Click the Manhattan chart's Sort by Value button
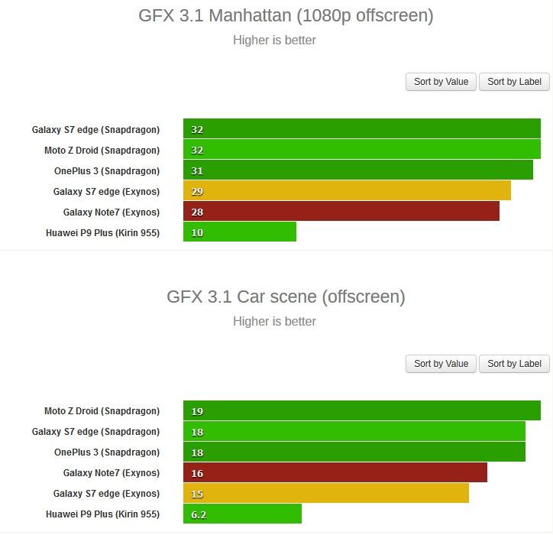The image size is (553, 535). (x=441, y=82)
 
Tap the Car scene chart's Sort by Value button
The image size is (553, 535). (x=441, y=364)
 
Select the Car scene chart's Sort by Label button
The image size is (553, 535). (x=514, y=364)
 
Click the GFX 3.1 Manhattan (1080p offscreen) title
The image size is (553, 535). (x=286, y=16)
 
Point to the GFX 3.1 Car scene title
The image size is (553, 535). (x=286, y=297)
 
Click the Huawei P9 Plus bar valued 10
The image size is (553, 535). (x=240, y=232)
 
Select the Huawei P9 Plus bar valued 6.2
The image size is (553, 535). (x=242, y=514)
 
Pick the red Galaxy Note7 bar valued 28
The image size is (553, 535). (x=341, y=212)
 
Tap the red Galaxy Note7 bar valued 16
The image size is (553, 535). (x=335, y=473)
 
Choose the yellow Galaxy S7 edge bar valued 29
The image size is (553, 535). (x=347, y=191)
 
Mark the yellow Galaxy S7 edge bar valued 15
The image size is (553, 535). (x=325, y=494)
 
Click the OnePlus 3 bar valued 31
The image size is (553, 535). (x=357, y=170)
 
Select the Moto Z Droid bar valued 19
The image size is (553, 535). (x=361, y=411)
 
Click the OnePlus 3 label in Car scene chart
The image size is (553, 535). (x=106, y=452)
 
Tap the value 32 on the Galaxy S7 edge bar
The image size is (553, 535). (x=197, y=130)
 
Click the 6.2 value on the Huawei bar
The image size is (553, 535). (x=199, y=515)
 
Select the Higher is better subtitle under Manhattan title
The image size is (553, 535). (x=274, y=40)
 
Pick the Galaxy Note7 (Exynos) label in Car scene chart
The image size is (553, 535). (x=111, y=473)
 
